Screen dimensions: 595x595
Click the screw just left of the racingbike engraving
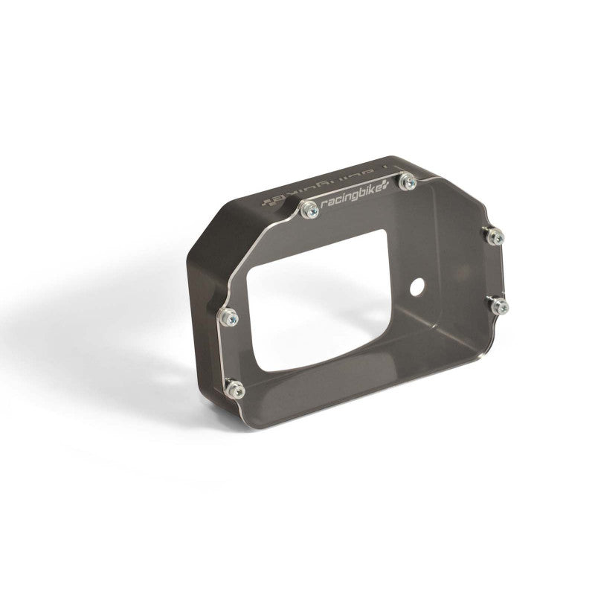pos(309,210)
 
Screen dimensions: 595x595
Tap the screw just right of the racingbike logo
pos(408,182)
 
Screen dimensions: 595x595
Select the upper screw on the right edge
pos(494,236)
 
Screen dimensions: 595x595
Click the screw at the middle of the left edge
pos(228,318)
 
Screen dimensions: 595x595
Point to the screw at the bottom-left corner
pos(234,389)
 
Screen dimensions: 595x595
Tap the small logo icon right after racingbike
pos(385,187)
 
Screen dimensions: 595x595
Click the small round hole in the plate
pos(417,286)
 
